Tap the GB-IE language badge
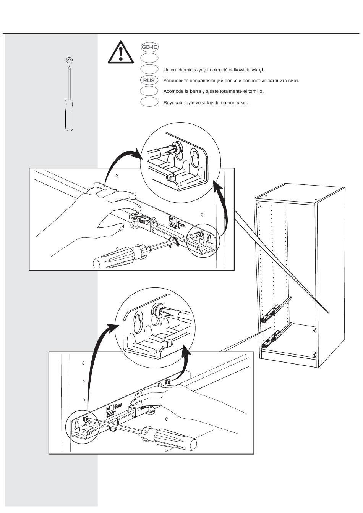point(149,47)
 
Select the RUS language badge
point(149,81)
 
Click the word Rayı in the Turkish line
point(168,102)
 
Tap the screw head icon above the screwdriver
point(69,60)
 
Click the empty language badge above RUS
point(149,69)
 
